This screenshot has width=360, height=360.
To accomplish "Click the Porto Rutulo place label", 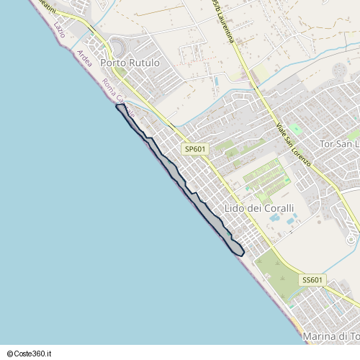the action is [x=130, y=63].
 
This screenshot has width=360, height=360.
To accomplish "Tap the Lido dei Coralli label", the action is [x=260, y=209].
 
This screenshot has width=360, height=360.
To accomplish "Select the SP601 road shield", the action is [x=195, y=149].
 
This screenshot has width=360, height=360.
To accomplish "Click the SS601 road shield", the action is [x=313, y=280].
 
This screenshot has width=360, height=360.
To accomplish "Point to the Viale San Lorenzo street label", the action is [x=293, y=145].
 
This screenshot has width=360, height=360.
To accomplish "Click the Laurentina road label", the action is [x=224, y=22].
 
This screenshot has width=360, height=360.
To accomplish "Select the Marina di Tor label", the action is [x=330, y=336].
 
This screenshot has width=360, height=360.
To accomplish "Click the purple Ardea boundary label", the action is [x=84, y=58].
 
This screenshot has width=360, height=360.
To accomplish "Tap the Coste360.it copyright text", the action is [x=31, y=354].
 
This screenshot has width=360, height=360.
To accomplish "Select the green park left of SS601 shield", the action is [x=274, y=274].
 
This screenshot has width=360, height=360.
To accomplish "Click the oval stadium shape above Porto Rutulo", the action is [x=117, y=48].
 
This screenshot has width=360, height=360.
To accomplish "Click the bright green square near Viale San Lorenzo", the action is [x=294, y=129].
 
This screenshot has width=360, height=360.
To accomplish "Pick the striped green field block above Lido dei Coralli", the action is [x=263, y=175].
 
